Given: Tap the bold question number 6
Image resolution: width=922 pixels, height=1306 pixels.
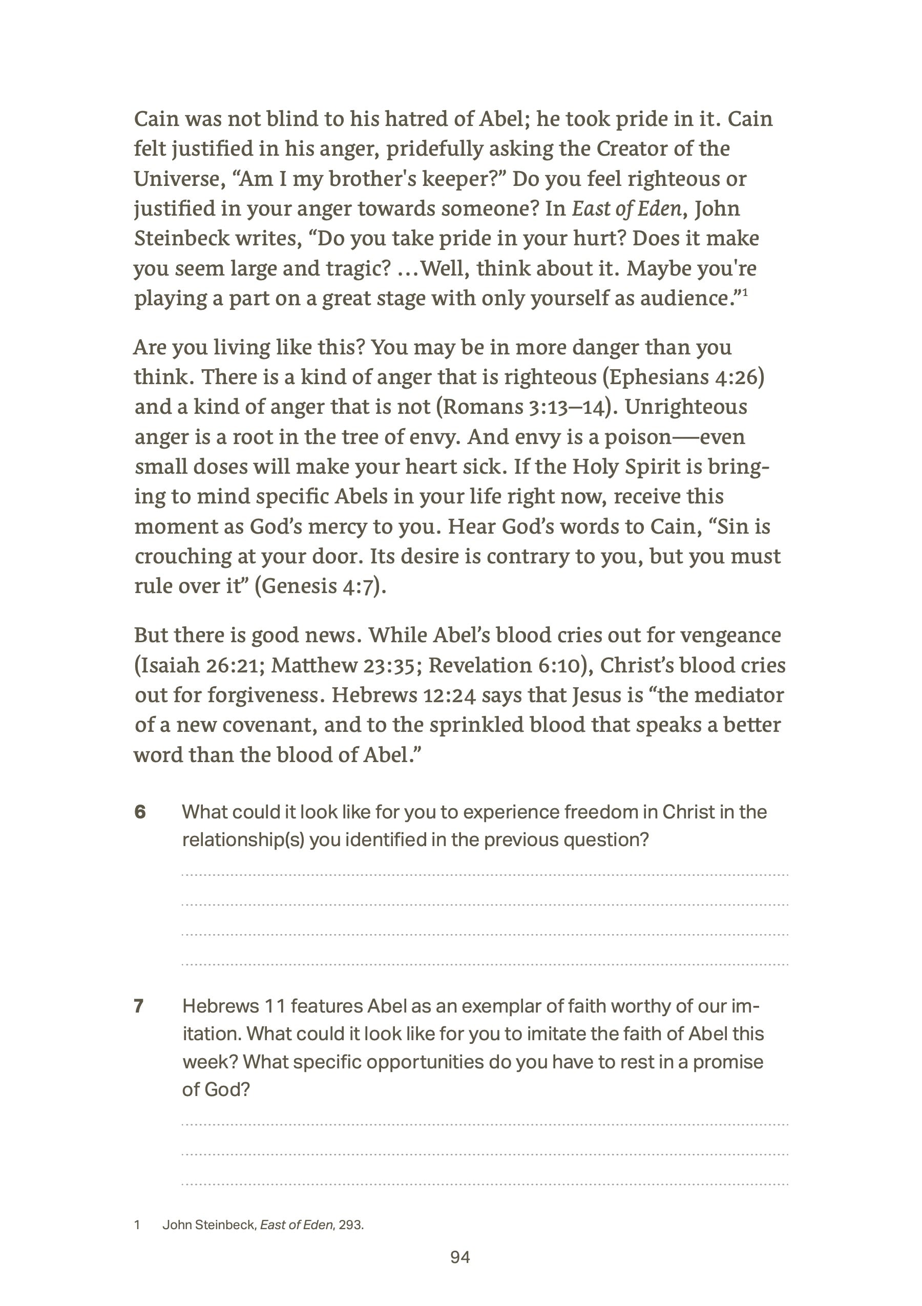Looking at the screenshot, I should [x=140, y=812].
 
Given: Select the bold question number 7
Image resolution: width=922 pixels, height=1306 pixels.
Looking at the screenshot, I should [x=139, y=1006].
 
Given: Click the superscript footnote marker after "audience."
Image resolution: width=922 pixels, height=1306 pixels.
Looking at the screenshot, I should [x=745, y=293].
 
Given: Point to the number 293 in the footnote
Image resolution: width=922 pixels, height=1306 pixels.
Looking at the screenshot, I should [x=350, y=1225].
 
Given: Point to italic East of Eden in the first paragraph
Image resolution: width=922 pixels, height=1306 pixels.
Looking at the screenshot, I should [x=626, y=209].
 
